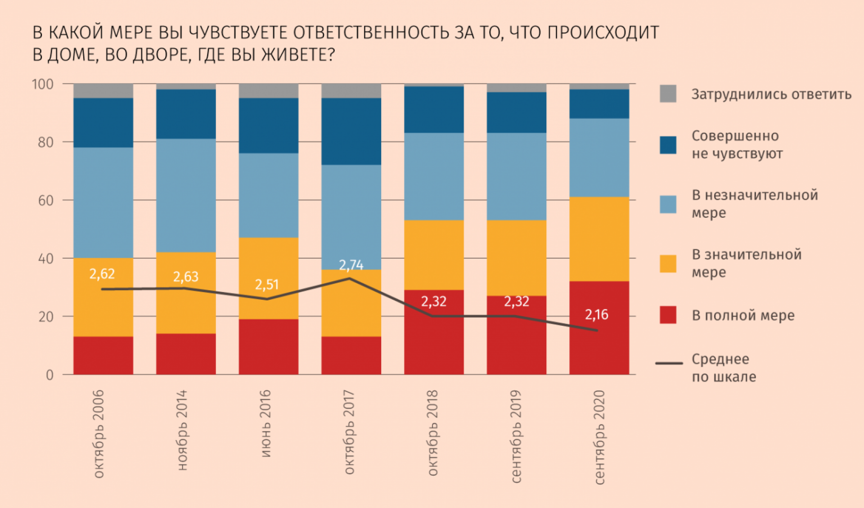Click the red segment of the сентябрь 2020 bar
pos(599,346)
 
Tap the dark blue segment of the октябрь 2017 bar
pos(351,131)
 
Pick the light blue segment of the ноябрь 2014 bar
pos(186,195)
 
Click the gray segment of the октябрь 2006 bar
pos(103,91)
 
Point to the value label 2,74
pos(351,265)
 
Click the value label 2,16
pos(596,315)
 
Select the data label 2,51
pos(267,284)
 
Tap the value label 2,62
pos(102,274)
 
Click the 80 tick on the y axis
pos(45,142)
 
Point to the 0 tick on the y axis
pos(49,375)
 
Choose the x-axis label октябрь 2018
pos(432,433)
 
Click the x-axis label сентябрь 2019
pos(516,436)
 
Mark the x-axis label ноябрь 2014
pos(182,430)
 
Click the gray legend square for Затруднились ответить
pos(668,94)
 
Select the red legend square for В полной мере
pos(668,315)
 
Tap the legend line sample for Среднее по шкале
pos(669,363)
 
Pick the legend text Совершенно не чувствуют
pos(737,144)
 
